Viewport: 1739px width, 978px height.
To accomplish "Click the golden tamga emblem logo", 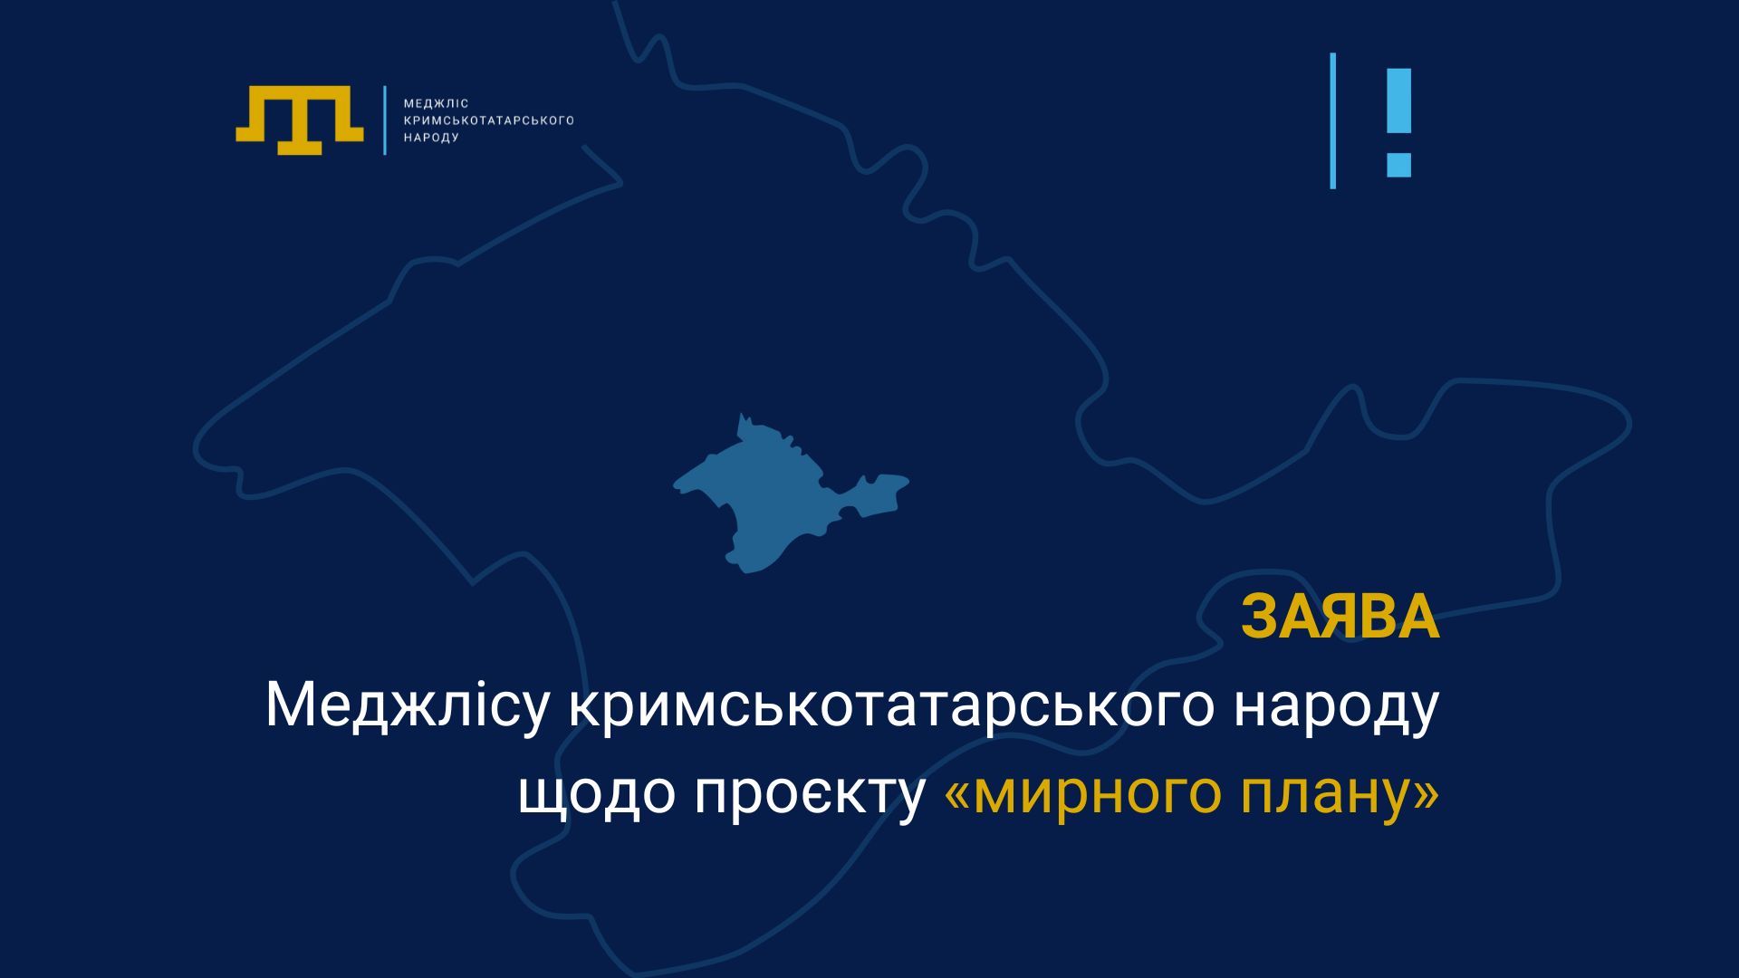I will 299,120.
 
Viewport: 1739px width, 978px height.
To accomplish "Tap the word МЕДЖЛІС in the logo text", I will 436,104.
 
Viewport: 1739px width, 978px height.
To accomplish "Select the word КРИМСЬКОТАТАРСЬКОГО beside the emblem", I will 488,120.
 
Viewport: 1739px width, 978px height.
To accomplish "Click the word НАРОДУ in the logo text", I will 431,138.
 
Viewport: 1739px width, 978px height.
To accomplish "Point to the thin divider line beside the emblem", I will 385,120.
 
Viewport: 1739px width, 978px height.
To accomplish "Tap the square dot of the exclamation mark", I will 1398,165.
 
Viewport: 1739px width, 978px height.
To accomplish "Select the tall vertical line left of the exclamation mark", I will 1332,120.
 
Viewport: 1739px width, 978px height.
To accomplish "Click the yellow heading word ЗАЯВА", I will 1340,618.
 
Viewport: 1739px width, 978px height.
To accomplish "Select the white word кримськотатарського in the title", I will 891,707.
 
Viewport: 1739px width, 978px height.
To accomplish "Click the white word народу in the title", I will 1337,707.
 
